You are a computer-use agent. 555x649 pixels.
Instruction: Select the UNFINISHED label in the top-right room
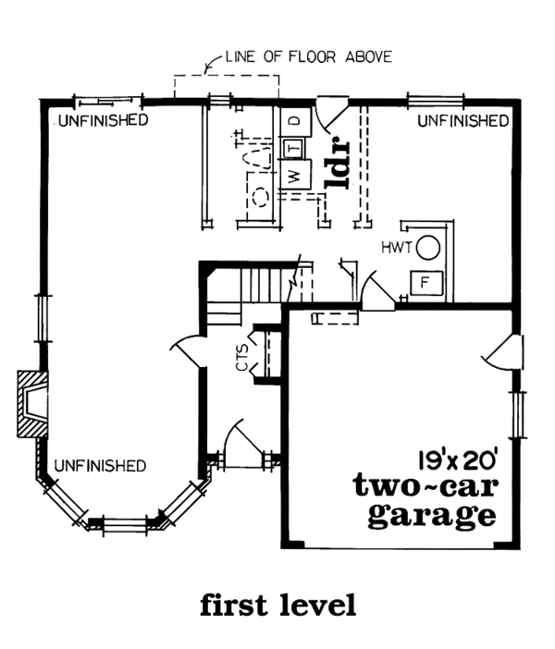tap(462, 120)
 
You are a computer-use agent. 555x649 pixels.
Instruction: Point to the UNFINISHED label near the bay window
tap(98, 465)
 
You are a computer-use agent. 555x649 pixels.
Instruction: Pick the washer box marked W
tap(292, 176)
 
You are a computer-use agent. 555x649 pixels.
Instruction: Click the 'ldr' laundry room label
tap(335, 164)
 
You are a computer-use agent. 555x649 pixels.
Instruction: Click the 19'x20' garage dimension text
tap(457, 457)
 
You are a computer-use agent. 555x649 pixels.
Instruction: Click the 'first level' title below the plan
tap(277, 606)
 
